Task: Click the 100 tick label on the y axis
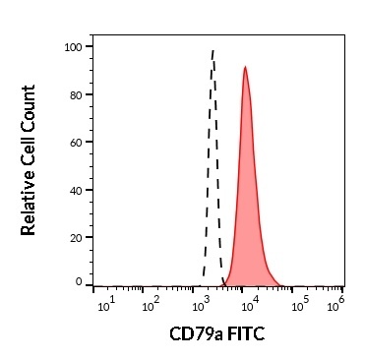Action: pyautogui.click(x=72, y=46)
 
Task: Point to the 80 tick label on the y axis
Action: pyautogui.click(x=75, y=94)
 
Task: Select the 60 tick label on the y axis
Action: pyautogui.click(x=75, y=142)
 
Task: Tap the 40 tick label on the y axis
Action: pyautogui.click(x=75, y=190)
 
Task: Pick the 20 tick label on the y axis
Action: pyautogui.click(x=75, y=237)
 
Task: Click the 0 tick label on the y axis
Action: pyautogui.click(x=78, y=281)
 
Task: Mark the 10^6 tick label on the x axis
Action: pyautogui.click(x=335, y=300)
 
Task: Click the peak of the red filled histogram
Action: pyautogui.click(x=245, y=68)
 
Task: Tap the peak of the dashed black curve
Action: pyautogui.click(x=213, y=49)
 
